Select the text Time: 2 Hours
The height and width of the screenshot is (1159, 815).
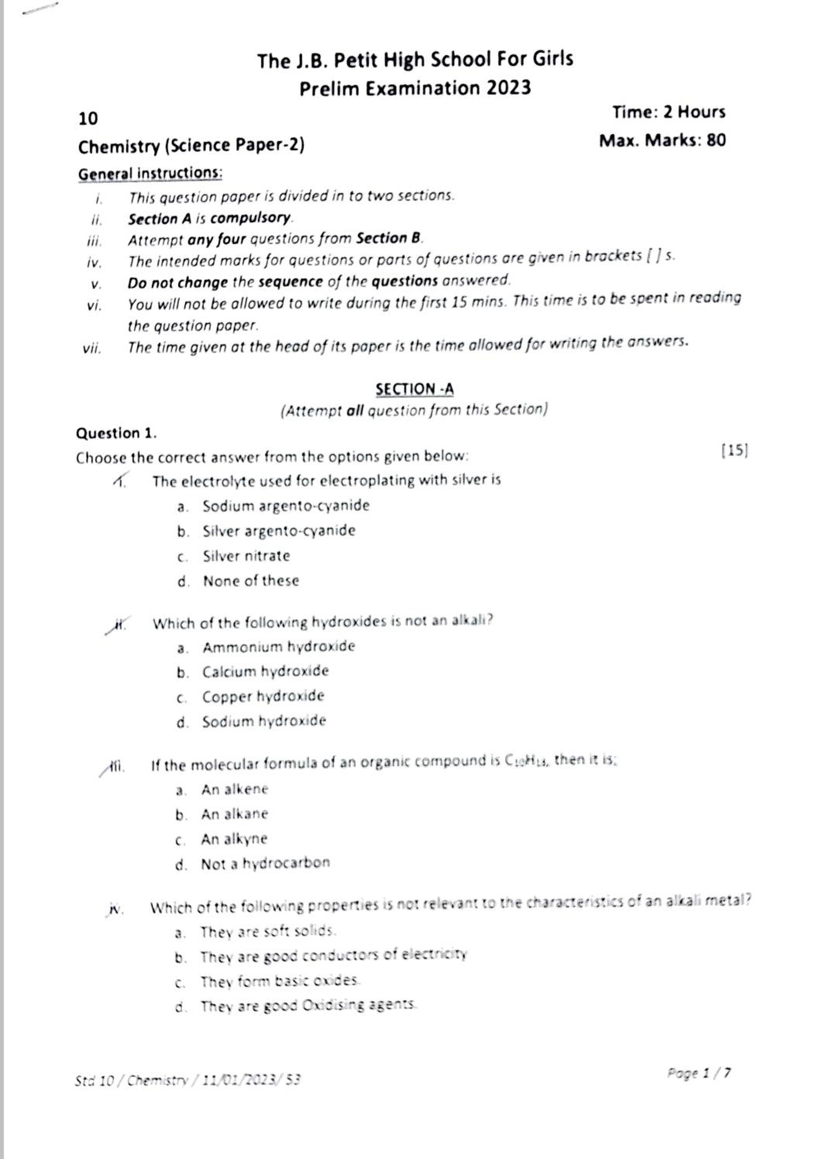pyautogui.click(x=669, y=112)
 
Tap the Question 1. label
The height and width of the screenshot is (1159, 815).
pyautogui.click(x=116, y=433)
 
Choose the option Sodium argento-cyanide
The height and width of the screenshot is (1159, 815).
pyautogui.click(x=286, y=506)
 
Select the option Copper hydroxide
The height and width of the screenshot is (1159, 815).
pyautogui.click(x=263, y=697)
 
